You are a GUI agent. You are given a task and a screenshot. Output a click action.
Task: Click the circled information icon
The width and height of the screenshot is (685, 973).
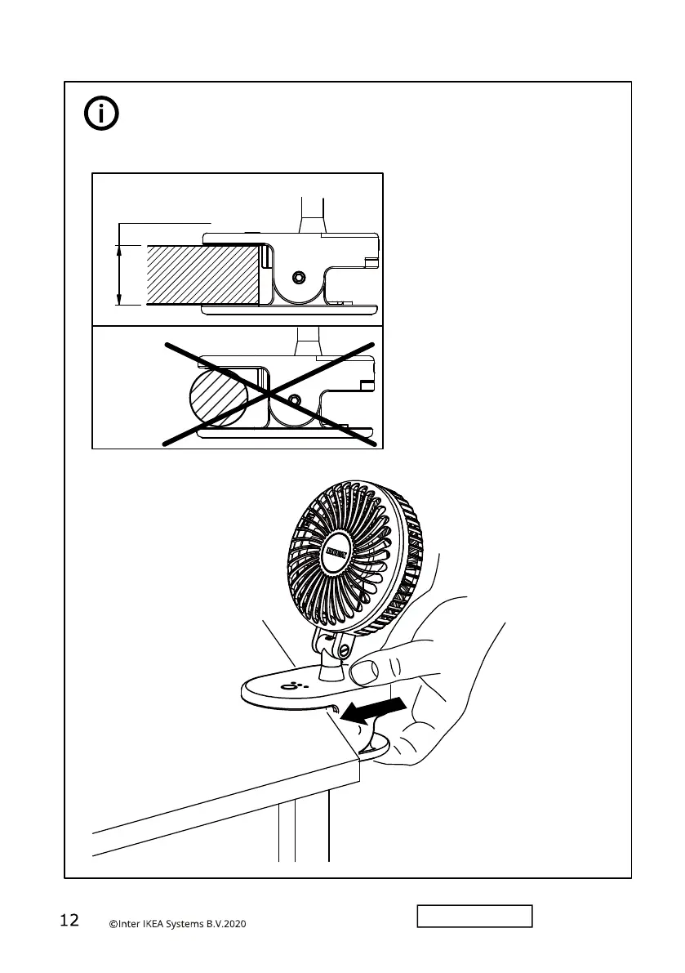(x=101, y=115)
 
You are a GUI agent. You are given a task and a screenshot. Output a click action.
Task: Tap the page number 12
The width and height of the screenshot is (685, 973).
(x=69, y=921)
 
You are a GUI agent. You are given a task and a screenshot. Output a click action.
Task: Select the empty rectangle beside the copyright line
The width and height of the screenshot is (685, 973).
(x=475, y=916)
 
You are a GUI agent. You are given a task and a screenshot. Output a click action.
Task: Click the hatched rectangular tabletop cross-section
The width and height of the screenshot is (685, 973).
(x=202, y=274)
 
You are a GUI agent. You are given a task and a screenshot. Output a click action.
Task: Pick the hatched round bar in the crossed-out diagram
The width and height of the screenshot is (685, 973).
(x=216, y=399)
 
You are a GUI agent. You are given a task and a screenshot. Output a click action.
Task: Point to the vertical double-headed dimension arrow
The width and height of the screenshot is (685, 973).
(x=120, y=275)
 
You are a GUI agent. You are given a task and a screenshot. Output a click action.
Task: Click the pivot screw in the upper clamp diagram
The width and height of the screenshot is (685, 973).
(x=299, y=278)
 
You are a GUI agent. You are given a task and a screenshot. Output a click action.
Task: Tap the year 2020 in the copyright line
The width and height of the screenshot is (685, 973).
(x=232, y=924)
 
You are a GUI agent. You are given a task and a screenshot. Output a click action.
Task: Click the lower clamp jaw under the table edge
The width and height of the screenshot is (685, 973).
(x=378, y=748)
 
